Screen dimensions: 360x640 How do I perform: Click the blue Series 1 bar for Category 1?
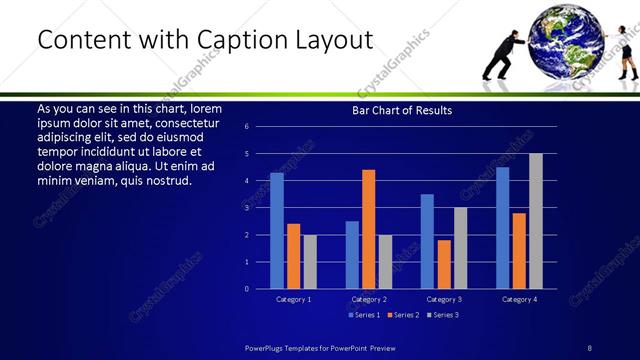[x=277, y=231]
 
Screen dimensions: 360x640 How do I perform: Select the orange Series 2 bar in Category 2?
[x=369, y=229]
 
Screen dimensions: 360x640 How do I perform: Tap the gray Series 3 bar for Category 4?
[x=536, y=221]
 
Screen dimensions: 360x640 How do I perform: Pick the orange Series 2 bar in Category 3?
[x=444, y=264]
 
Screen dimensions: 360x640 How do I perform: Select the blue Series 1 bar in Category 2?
[x=352, y=255]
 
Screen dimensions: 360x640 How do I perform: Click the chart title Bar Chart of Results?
[x=402, y=110]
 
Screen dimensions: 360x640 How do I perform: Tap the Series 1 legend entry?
[x=363, y=315]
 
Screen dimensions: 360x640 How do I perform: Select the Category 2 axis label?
[x=369, y=299]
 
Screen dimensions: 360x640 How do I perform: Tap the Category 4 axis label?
[x=519, y=299]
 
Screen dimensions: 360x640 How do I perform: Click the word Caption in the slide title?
[x=254, y=39]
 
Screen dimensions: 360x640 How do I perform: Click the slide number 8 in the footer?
[x=589, y=347]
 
